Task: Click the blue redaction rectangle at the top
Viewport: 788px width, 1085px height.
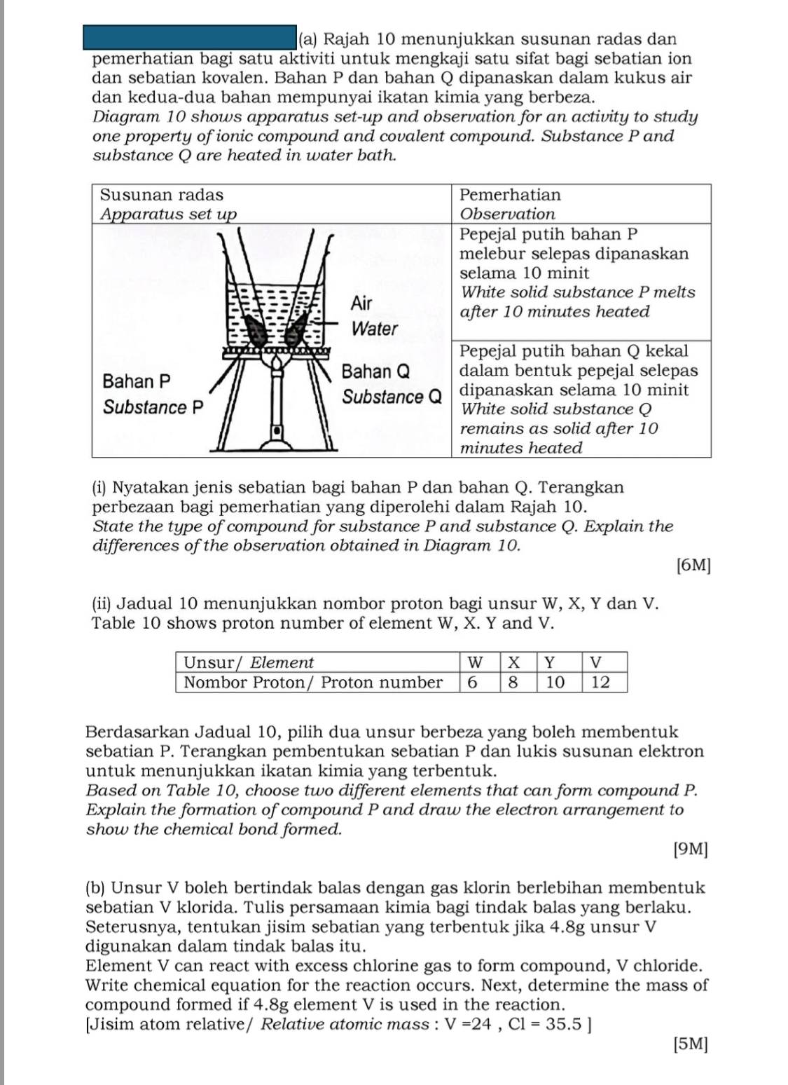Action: [x=190, y=36]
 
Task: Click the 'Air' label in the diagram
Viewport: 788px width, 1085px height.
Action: [x=361, y=303]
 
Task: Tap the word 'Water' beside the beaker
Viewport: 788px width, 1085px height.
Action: [x=375, y=328]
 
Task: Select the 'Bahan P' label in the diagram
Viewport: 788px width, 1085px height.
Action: [x=137, y=381]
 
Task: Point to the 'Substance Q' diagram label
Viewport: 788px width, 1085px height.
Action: [x=392, y=397]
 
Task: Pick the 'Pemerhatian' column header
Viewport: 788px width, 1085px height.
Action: [x=510, y=195]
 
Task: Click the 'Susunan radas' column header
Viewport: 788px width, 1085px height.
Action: [x=162, y=195]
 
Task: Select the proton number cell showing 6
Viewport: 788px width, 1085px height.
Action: [x=473, y=682]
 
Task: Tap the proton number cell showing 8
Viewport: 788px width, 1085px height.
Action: [x=513, y=682]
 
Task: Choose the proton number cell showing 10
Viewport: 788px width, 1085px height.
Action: [x=555, y=682]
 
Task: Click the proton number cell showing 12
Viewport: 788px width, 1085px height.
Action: [x=600, y=682]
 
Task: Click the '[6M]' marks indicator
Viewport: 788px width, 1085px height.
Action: [x=694, y=566]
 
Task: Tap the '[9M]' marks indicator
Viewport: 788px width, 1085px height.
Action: [x=690, y=849]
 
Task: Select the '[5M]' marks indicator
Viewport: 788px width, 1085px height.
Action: [x=690, y=1044]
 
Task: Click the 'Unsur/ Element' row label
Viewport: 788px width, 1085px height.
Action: [x=249, y=662]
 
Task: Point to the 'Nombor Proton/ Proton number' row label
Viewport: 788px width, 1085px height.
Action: [x=313, y=682]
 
